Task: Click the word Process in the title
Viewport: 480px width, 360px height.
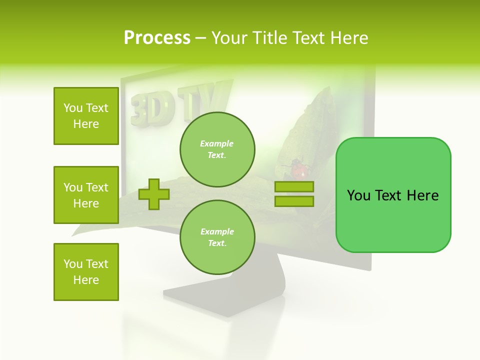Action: pos(157,38)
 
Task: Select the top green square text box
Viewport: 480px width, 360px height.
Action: pos(86,116)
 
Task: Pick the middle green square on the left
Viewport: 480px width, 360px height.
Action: pos(86,195)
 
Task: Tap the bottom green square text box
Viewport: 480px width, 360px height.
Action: pos(86,272)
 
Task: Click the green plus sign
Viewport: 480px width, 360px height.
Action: pos(154,194)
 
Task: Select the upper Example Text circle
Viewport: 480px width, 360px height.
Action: pos(217,149)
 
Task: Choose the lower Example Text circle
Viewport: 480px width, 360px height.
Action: pos(217,237)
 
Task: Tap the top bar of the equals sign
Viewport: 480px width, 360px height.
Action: pos(294,186)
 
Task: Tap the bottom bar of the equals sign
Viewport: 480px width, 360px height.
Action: pos(294,201)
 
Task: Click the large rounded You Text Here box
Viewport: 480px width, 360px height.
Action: pos(393,195)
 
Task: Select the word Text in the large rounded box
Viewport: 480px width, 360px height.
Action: pos(390,195)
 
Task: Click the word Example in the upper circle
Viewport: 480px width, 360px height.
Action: pos(217,143)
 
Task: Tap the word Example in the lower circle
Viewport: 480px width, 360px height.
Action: pos(217,231)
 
